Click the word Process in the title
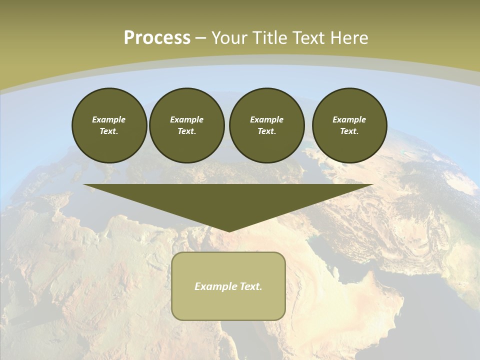click(157, 38)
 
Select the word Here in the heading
click(351, 38)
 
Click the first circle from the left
click(109, 125)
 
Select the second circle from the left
click(186, 125)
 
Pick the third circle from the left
click(266, 125)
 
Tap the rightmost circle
click(349, 125)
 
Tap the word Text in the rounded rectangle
click(250, 286)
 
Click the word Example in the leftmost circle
click(109, 119)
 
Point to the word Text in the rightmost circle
click(349, 131)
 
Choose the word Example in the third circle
click(266, 119)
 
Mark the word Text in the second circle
click(186, 131)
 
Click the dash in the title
click(201, 38)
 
